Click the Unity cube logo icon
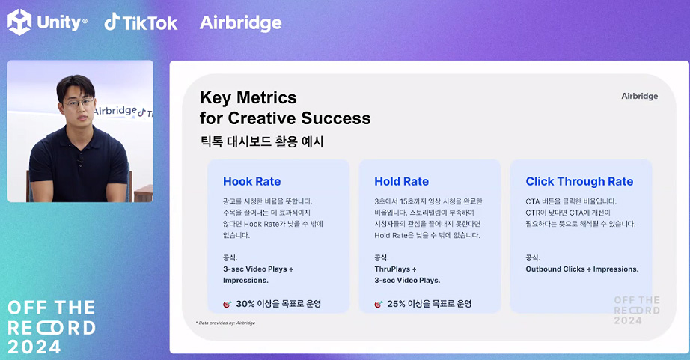pos(19,22)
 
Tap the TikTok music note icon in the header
pos(112,22)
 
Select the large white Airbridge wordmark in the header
pos(240,23)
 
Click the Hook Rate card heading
pos(251,181)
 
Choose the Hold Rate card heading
pos(401,181)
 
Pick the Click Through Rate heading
pos(579,181)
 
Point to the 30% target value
pos(245,304)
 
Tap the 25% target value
pos(396,304)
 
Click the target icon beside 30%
pos(227,304)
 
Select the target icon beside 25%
pos(379,304)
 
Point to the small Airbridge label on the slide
pos(639,96)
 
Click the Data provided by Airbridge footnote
pos(226,323)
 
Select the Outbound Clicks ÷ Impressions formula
pos(581,269)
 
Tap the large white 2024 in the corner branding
pos(34,347)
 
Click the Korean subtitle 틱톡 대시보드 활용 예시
pos(262,141)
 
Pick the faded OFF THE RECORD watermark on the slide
pos(637,311)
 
